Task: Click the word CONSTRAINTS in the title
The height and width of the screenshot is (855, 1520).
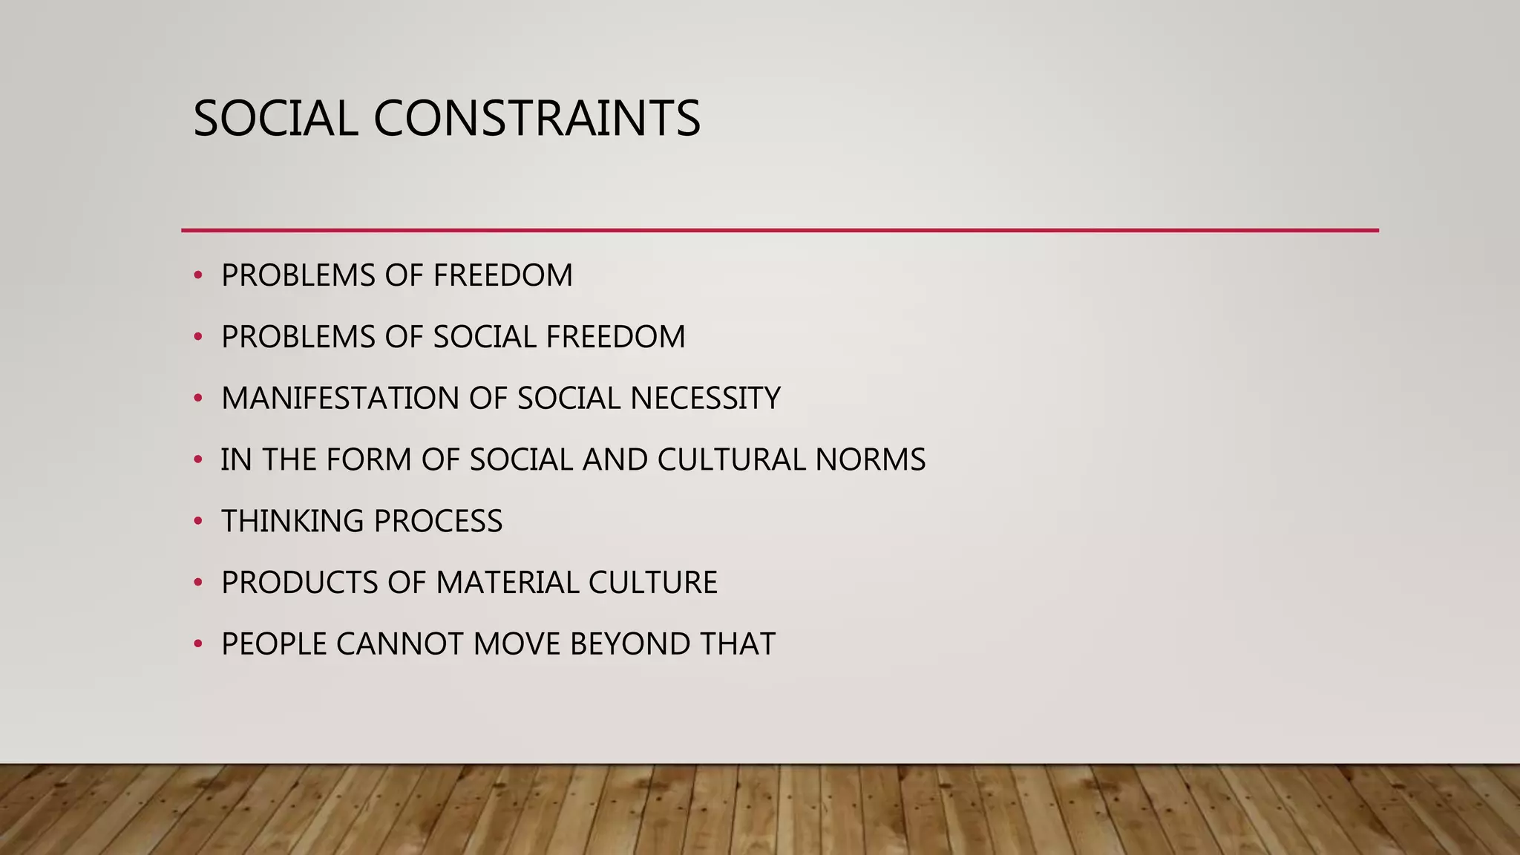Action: (536, 119)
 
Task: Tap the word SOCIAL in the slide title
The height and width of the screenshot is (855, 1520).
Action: (275, 119)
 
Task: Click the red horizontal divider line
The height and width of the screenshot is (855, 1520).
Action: (779, 231)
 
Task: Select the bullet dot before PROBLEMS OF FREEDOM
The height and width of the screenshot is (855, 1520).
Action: (197, 276)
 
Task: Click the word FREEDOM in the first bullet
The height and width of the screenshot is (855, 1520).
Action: (502, 276)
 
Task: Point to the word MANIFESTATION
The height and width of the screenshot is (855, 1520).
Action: (340, 399)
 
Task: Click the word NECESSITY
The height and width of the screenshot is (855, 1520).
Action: (705, 399)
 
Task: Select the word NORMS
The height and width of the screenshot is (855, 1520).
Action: (870, 460)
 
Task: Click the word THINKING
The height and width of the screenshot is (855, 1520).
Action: (292, 522)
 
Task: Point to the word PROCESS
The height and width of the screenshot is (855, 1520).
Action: (438, 522)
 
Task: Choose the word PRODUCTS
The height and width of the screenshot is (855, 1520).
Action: (300, 583)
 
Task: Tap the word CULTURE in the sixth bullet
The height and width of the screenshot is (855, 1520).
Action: (652, 583)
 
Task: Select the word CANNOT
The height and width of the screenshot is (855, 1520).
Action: (399, 644)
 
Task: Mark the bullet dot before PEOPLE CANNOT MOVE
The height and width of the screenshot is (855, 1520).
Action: (197, 644)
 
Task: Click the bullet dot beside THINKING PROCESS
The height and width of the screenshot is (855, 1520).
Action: (197, 522)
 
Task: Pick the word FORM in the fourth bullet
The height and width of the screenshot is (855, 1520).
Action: (368, 460)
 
